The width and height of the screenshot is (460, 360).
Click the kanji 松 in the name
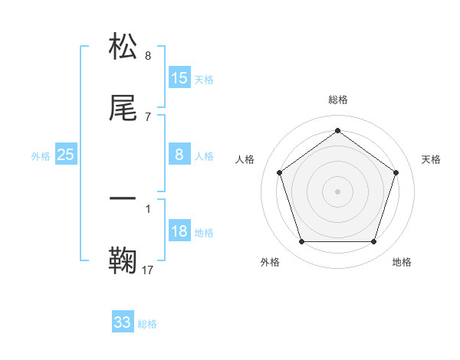tap(123, 47)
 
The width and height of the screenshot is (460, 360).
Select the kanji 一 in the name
tap(123, 198)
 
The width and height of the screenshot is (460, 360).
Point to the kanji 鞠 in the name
tap(123, 260)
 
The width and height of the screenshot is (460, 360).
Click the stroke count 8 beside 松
tap(148, 56)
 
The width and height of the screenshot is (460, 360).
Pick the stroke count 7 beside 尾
tap(148, 116)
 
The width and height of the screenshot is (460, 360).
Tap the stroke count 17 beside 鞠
tap(148, 270)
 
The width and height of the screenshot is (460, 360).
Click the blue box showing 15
tap(179, 78)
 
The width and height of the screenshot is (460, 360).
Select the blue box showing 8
tap(179, 155)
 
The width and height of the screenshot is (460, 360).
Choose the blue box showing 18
tap(179, 231)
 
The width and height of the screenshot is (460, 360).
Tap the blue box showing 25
tap(66, 155)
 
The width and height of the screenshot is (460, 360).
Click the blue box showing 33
tap(123, 322)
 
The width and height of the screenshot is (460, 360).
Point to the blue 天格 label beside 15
tap(204, 80)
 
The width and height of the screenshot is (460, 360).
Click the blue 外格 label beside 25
tap(41, 156)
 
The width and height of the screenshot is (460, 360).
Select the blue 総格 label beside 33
tap(147, 324)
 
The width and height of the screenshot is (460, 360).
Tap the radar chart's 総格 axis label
tap(338, 100)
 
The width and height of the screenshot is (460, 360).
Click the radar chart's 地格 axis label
tap(402, 263)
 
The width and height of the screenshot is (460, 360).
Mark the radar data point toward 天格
tap(396, 172)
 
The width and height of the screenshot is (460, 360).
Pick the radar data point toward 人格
tap(280, 172)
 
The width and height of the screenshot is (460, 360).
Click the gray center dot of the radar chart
tap(338, 191)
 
